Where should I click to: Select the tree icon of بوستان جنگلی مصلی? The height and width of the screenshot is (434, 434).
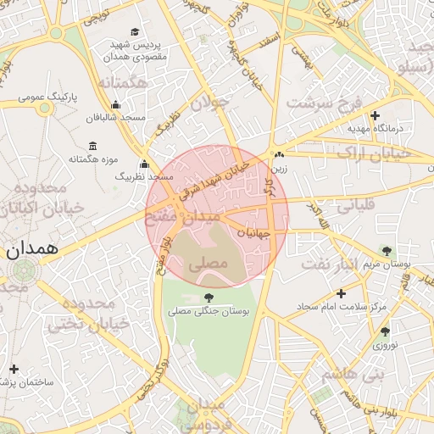pos(209,298)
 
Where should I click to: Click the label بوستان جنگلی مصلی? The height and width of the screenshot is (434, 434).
pos(209,312)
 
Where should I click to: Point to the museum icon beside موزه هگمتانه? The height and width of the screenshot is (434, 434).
pos(92,146)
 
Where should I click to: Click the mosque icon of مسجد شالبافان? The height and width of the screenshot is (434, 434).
pos(116,105)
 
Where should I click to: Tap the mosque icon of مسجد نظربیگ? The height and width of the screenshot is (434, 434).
pos(144,164)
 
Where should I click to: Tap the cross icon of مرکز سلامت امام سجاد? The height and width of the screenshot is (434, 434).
pos(340,292)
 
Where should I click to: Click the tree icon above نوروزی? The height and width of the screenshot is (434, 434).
pos(385,331)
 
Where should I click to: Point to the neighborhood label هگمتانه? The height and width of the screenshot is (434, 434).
pos(123,83)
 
